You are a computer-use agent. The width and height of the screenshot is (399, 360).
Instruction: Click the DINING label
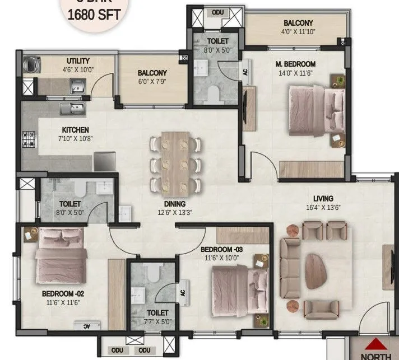click(175, 204)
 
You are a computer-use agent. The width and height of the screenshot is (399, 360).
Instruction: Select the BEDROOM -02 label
click(62, 293)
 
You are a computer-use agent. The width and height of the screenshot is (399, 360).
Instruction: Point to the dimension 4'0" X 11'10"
click(298, 31)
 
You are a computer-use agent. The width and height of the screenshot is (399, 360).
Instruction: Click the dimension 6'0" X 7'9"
click(152, 82)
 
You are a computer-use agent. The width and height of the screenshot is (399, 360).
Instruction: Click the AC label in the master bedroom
click(245, 72)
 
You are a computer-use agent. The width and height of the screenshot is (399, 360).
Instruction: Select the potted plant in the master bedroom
click(339, 82)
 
